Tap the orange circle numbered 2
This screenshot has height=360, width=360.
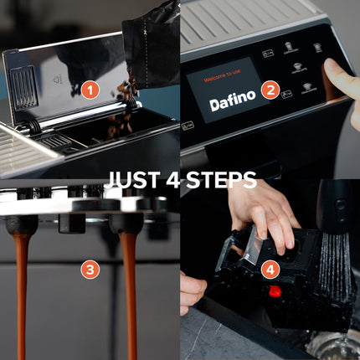(270, 90)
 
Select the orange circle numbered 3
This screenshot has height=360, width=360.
(90, 270)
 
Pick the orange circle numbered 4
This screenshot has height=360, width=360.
(270, 270)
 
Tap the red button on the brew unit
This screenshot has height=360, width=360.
(273, 292)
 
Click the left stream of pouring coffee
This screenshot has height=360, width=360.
(21, 285)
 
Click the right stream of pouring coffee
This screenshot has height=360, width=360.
(131, 285)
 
